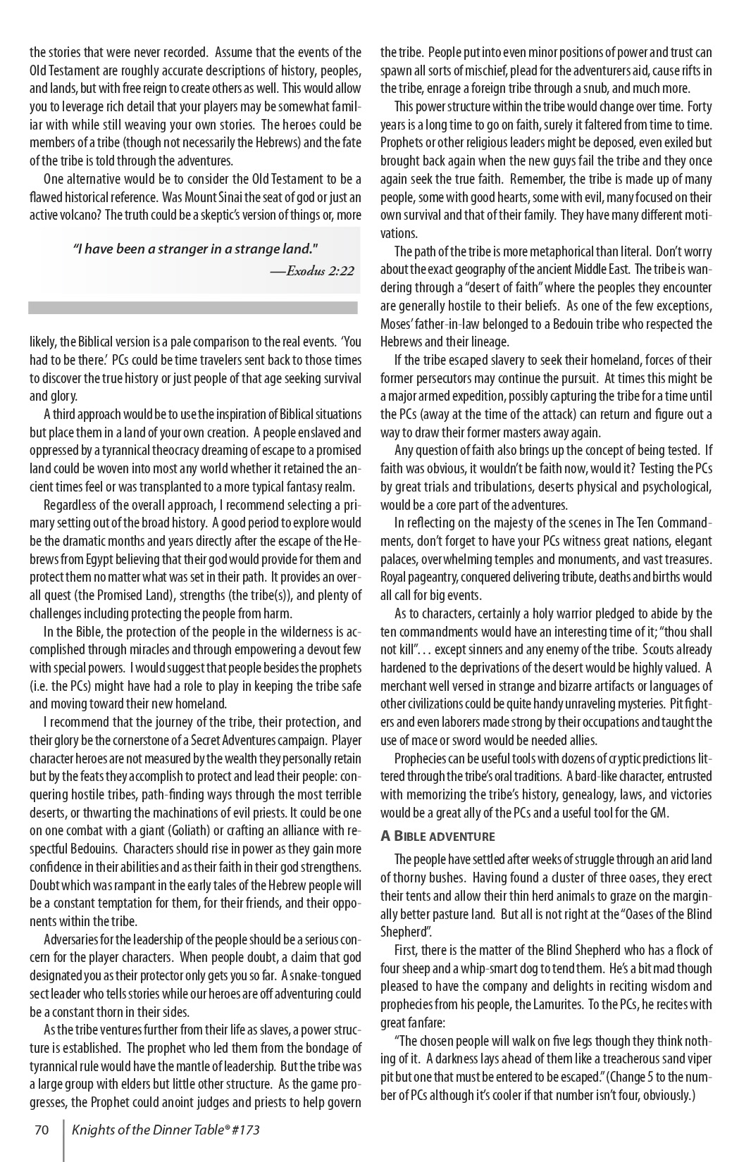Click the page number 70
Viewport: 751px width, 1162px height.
point(42,1130)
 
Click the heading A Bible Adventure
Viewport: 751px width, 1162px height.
point(437,837)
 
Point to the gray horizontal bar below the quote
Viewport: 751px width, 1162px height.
point(193,308)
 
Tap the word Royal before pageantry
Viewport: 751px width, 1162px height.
point(395,577)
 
